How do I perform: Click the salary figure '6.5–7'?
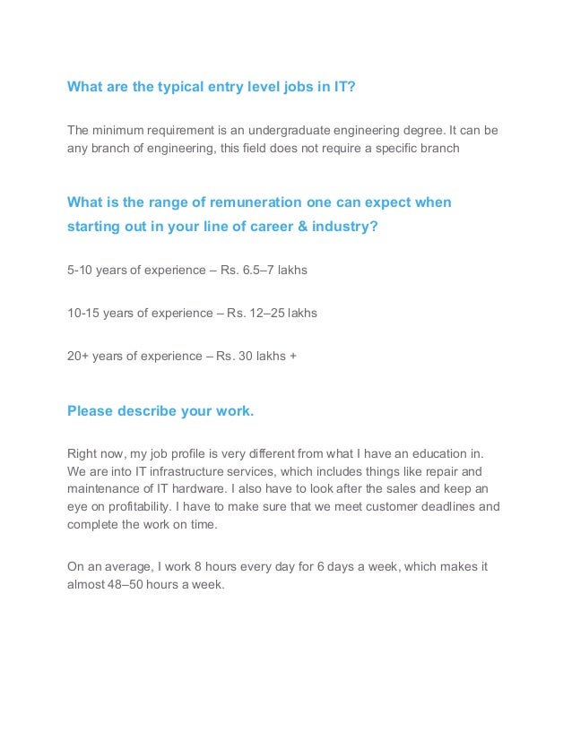click(248, 269)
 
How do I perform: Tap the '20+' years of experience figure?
click(79, 357)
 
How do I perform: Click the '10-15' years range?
click(83, 313)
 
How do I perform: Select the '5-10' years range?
click(80, 269)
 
